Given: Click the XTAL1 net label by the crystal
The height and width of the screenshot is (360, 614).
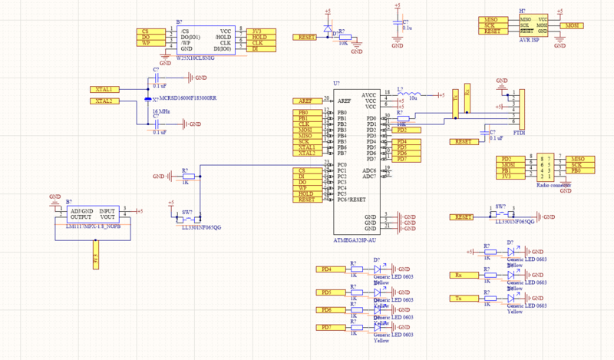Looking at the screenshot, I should point(105,89).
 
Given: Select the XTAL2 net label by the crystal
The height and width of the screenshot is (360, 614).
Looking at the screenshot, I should point(105,101).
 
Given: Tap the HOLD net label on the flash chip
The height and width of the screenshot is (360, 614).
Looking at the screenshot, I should point(259,37).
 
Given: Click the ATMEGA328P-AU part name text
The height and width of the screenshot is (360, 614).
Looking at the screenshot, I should point(355,240).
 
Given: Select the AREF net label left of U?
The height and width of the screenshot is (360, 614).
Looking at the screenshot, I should point(305,101).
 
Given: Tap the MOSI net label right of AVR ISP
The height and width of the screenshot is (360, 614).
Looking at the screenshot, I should point(571,25).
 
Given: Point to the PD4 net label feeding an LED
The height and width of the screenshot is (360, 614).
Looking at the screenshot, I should point(328,269).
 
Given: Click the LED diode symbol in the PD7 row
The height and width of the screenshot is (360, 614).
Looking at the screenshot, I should point(378,328).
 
